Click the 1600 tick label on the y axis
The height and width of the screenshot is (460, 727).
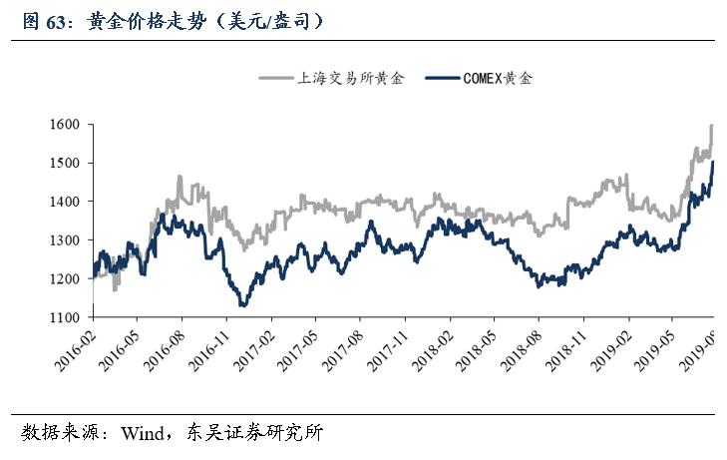point(68,125)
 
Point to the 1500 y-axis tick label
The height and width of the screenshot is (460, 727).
point(68,163)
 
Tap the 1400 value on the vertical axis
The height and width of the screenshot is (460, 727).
point(68,202)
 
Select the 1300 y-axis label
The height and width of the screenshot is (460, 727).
point(68,240)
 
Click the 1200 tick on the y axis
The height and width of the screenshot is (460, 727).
point(68,279)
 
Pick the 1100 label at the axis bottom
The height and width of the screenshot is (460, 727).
point(68,317)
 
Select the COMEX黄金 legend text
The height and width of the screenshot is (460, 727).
point(498,78)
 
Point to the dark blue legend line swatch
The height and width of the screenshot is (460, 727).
point(442,78)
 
